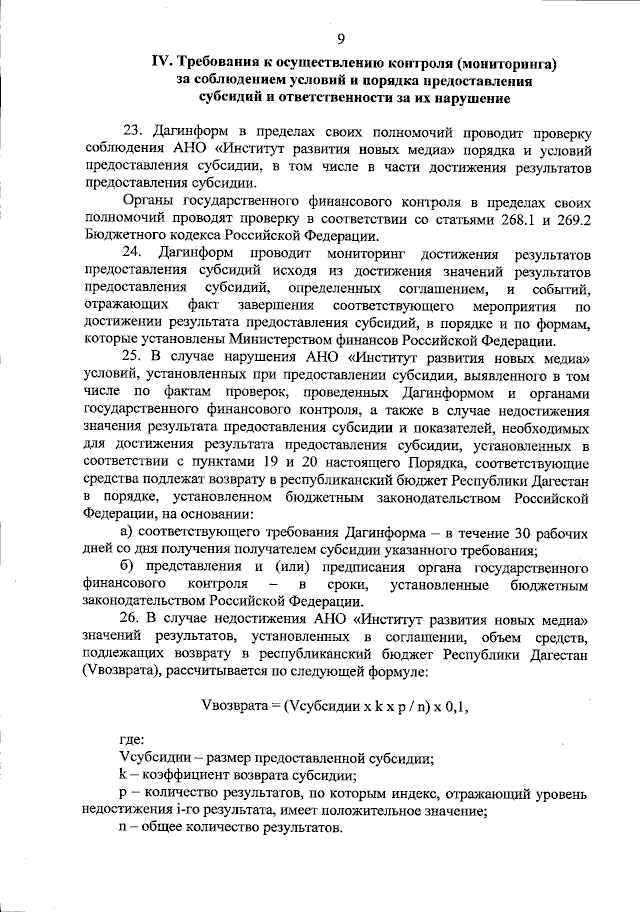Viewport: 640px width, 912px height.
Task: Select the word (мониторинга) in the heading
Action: (497, 64)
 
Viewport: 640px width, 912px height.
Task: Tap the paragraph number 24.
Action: (132, 254)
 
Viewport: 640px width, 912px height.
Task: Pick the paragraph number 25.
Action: (132, 358)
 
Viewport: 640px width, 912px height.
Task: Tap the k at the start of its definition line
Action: (122, 775)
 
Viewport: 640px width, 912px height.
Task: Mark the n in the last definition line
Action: (122, 830)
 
